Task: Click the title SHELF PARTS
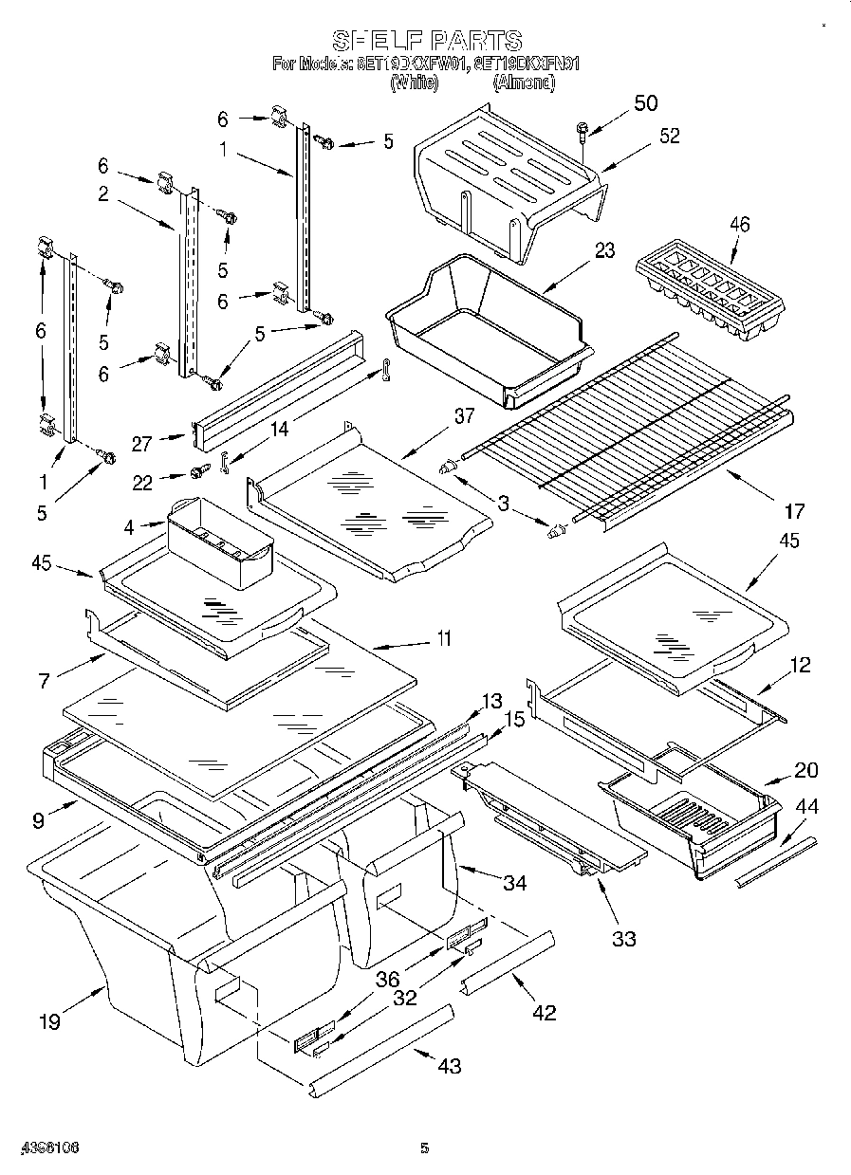point(426,41)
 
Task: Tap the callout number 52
point(669,136)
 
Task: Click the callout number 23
point(604,250)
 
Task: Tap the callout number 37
point(464,415)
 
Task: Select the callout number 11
point(442,638)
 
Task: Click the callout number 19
point(49,1020)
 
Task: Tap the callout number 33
point(623,938)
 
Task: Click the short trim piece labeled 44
point(775,859)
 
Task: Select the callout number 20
point(805,770)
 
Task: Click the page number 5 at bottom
point(424,1148)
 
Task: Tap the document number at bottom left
point(46,1147)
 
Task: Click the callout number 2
point(102,195)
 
